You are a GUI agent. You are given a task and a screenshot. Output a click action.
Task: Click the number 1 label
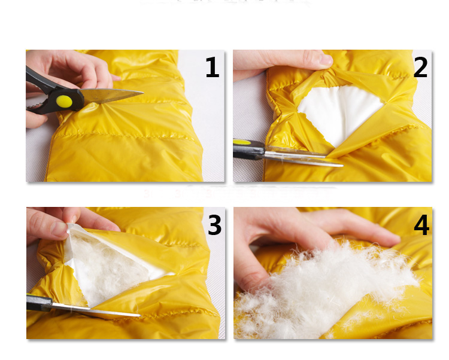click(x=212, y=67)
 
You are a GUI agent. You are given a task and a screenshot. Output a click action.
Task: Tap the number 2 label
click(x=420, y=67)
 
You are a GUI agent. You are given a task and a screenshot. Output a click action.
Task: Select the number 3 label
click(x=214, y=225)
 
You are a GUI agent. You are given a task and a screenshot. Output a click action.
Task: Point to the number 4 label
click(x=421, y=225)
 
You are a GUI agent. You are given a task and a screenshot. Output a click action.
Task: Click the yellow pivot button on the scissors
click(x=64, y=101)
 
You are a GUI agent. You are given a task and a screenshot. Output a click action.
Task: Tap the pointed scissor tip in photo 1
click(x=142, y=92)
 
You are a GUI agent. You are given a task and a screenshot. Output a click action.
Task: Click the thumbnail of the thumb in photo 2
click(x=326, y=60)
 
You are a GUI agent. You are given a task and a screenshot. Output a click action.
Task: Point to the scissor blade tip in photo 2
click(x=342, y=165)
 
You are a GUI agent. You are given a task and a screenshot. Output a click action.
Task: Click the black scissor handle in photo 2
click(x=248, y=150)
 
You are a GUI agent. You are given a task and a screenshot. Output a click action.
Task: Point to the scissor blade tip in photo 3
click(x=139, y=315)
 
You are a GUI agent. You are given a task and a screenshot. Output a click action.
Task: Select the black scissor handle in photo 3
click(x=40, y=303)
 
